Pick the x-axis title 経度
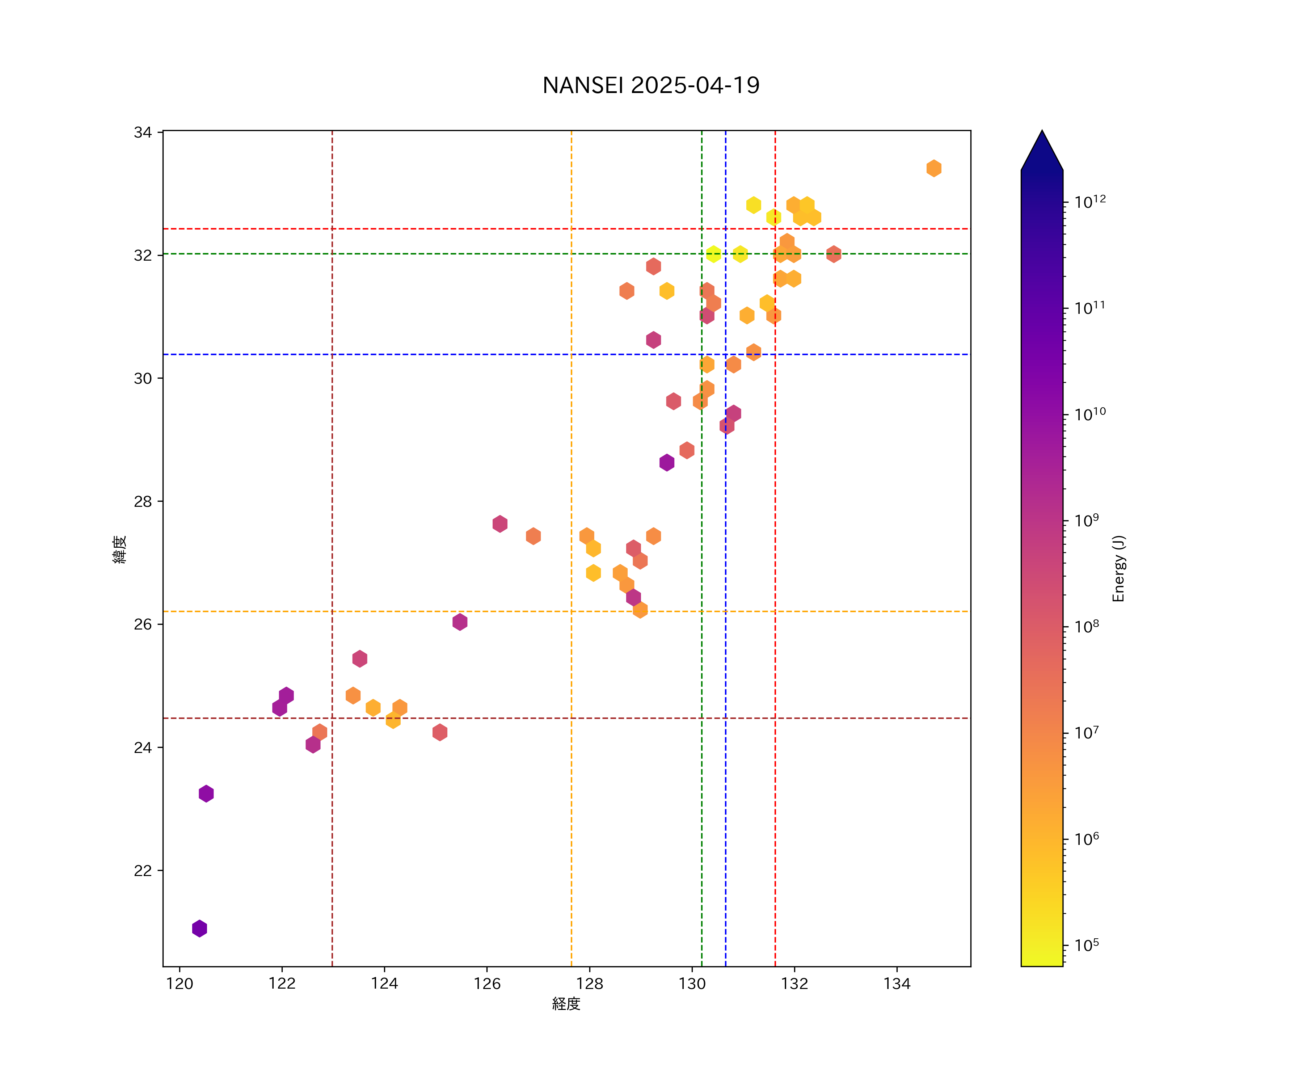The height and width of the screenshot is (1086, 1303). click(566, 1004)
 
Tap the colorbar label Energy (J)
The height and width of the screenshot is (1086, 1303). click(1118, 568)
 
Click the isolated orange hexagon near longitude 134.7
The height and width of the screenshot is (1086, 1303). click(934, 168)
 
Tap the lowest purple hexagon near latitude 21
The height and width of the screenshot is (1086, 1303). click(199, 929)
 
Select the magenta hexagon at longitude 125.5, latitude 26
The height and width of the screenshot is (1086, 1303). click(460, 622)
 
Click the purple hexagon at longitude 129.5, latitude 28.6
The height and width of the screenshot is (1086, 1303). click(666, 462)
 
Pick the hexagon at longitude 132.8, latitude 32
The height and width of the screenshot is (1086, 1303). click(833, 254)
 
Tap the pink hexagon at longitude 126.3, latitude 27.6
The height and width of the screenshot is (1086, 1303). click(499, 524)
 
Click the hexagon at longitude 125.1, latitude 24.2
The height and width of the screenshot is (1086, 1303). click(440, 732)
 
